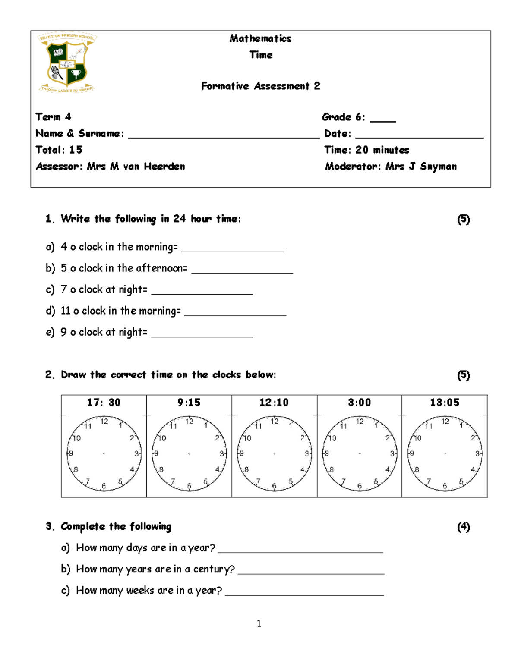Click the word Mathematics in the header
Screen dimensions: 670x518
(260, 39)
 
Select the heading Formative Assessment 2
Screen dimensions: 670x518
(260, 86)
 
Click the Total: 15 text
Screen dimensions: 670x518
(59, 150)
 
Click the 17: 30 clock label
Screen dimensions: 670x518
(104, 403)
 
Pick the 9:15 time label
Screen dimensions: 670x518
(189, 403)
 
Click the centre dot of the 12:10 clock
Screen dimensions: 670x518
(275, 453)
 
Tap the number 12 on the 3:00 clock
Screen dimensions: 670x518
(360, 422)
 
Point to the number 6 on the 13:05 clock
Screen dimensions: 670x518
(445, 486)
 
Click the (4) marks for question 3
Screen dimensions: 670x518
(464, 527)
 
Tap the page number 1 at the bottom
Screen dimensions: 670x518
(259, 624)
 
